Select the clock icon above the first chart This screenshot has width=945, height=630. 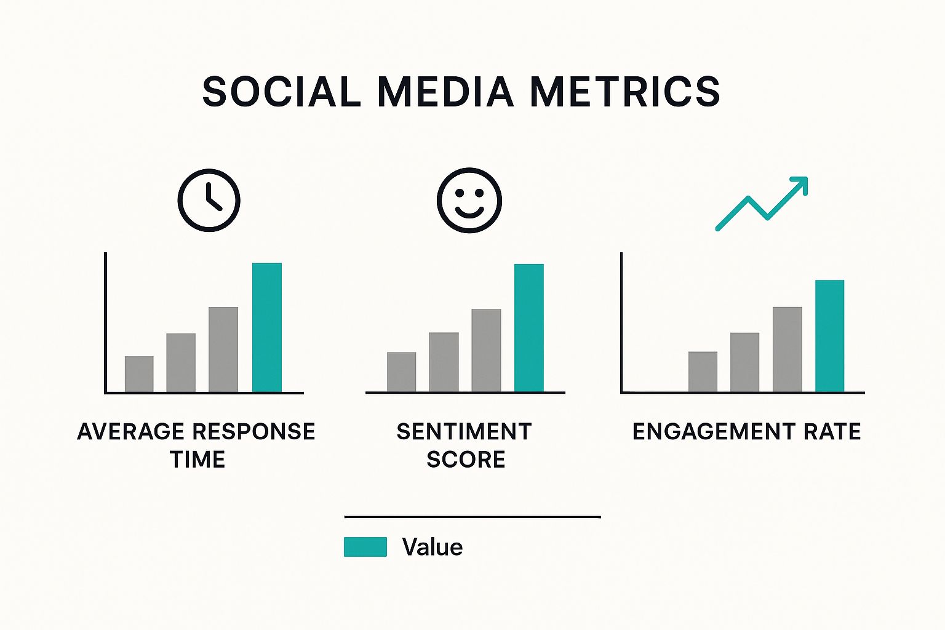coord(209,200)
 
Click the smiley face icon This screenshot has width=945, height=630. coord(469,200)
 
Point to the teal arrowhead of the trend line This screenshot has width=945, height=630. coord(799,184)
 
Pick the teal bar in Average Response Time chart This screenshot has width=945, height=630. coord(267,327)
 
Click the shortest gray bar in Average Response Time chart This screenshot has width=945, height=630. coord(139,374)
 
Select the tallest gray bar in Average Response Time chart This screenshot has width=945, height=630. coord(223,349)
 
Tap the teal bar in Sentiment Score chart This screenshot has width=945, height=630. coord(529,327)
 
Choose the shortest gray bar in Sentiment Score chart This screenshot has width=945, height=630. coord(401,372)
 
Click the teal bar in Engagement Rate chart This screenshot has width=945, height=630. coord(829,335)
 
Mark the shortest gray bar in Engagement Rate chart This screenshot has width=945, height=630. coord(703,372)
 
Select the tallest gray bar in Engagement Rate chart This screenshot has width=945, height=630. coord(787,349)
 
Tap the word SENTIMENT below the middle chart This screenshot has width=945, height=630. coord(464,432)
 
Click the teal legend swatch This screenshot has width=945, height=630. coord(365,547)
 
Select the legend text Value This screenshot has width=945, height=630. coord(432,547)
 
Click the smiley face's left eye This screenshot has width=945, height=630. coord(459,193)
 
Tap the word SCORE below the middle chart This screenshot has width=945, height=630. coord(466,460)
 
